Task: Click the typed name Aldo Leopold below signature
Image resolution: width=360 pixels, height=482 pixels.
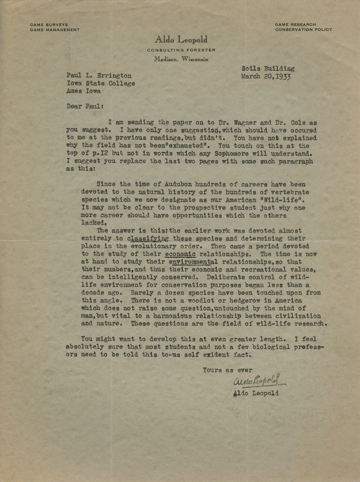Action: [x=263, y=412]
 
